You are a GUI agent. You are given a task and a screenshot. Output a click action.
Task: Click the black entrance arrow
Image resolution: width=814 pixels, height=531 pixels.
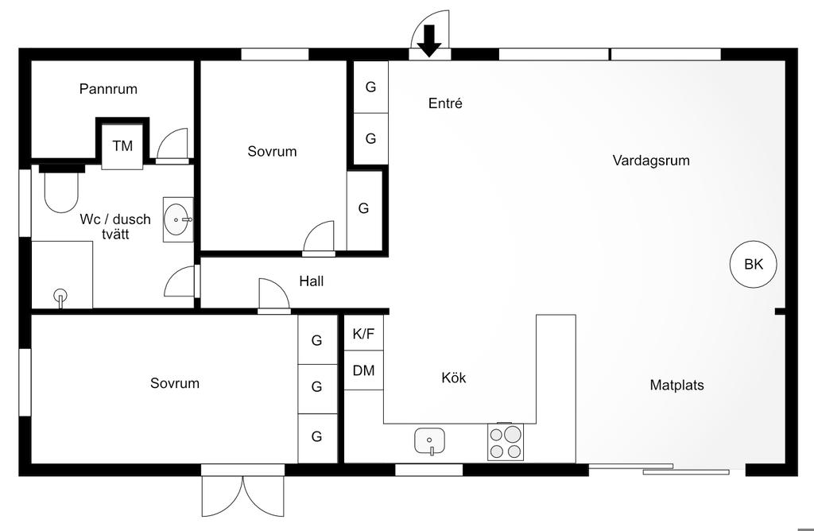point(429,41)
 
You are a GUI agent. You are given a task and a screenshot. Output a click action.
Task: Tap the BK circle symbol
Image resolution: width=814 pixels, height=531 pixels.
point(753,265)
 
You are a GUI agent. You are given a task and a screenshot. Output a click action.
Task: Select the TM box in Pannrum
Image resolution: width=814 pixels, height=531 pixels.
point(122,145)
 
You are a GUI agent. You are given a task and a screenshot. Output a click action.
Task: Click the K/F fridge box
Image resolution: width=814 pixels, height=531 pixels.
point(363,334)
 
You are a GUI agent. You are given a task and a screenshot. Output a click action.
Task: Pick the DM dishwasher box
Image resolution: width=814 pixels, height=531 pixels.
point(363,370)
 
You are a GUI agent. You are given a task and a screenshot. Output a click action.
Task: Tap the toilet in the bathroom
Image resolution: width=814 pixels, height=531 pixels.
point(61,192)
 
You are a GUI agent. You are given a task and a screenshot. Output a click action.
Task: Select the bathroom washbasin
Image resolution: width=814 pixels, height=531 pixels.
point(177,219)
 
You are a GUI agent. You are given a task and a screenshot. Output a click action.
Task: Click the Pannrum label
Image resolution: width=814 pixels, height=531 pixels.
point(108,89)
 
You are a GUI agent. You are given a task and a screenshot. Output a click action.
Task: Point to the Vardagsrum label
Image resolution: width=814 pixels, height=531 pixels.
point(651,161)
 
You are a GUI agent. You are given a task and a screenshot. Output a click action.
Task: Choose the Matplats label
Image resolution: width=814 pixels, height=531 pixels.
point(676,386)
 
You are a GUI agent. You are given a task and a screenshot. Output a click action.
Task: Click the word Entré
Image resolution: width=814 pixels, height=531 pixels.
point(445,103)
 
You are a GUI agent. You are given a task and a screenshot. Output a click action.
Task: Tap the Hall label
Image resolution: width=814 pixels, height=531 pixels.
point(311,281)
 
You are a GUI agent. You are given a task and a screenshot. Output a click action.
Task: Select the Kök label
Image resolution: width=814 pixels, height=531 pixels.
point(454,378)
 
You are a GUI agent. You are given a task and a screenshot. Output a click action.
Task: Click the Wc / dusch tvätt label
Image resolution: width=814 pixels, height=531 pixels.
point(115,227)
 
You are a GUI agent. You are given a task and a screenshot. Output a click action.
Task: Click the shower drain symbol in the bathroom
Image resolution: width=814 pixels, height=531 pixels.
point(60,298)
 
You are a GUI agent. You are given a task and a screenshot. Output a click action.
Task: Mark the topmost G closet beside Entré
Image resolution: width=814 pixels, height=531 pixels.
point(370,87)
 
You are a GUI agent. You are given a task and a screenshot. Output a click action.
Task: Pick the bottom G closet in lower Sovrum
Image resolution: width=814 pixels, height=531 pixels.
point(316,436)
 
